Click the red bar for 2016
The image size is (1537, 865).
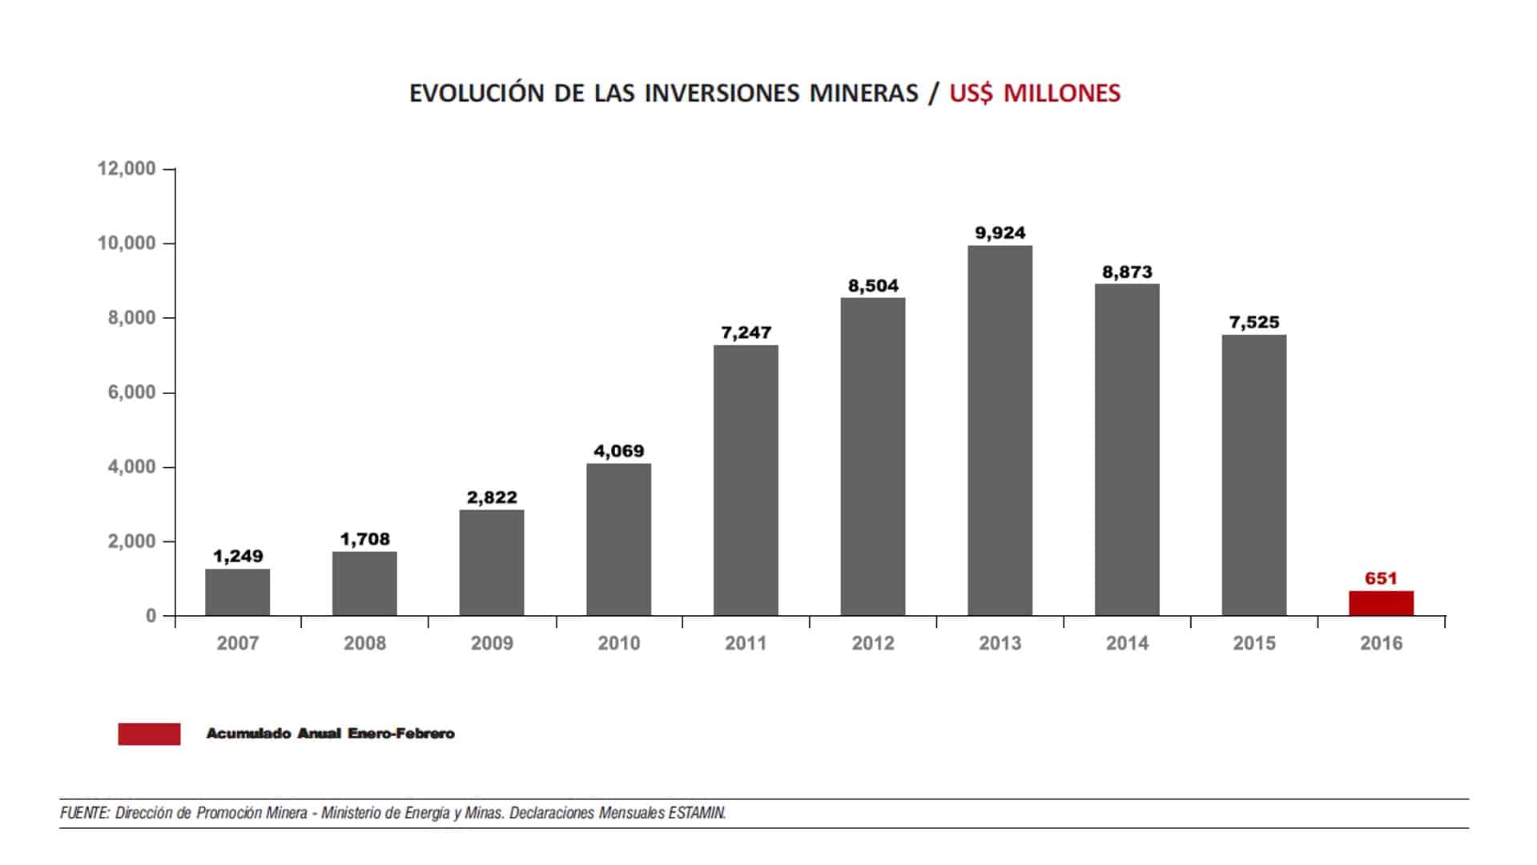click(1381, 603)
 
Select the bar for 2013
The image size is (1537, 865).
click(1000, 431)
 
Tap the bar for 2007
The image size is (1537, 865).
click(237, 592)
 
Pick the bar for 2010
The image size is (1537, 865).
click(618, 540)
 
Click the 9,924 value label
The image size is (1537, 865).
click(1000, 233)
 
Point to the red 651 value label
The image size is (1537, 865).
click(1381, 578)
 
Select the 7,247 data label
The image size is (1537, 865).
click(746, 332)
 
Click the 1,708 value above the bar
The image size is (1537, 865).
click(364, 539)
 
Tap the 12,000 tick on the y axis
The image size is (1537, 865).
click(127, 169)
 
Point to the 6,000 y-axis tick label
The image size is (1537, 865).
click(131, 392)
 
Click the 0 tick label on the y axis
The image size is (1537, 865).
click(151, 616)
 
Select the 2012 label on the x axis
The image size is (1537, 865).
click(872, 643)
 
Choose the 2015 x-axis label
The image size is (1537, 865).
click(1253, 643)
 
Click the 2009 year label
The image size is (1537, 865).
click(492, 643)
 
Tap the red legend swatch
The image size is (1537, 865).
click(149, 734)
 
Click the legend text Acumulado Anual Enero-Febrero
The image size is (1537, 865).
click(330, 734)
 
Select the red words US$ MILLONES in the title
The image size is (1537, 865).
click(1035, 93)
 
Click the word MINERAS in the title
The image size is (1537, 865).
click(863, 93)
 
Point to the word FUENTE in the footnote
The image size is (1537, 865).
click(84, 813)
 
